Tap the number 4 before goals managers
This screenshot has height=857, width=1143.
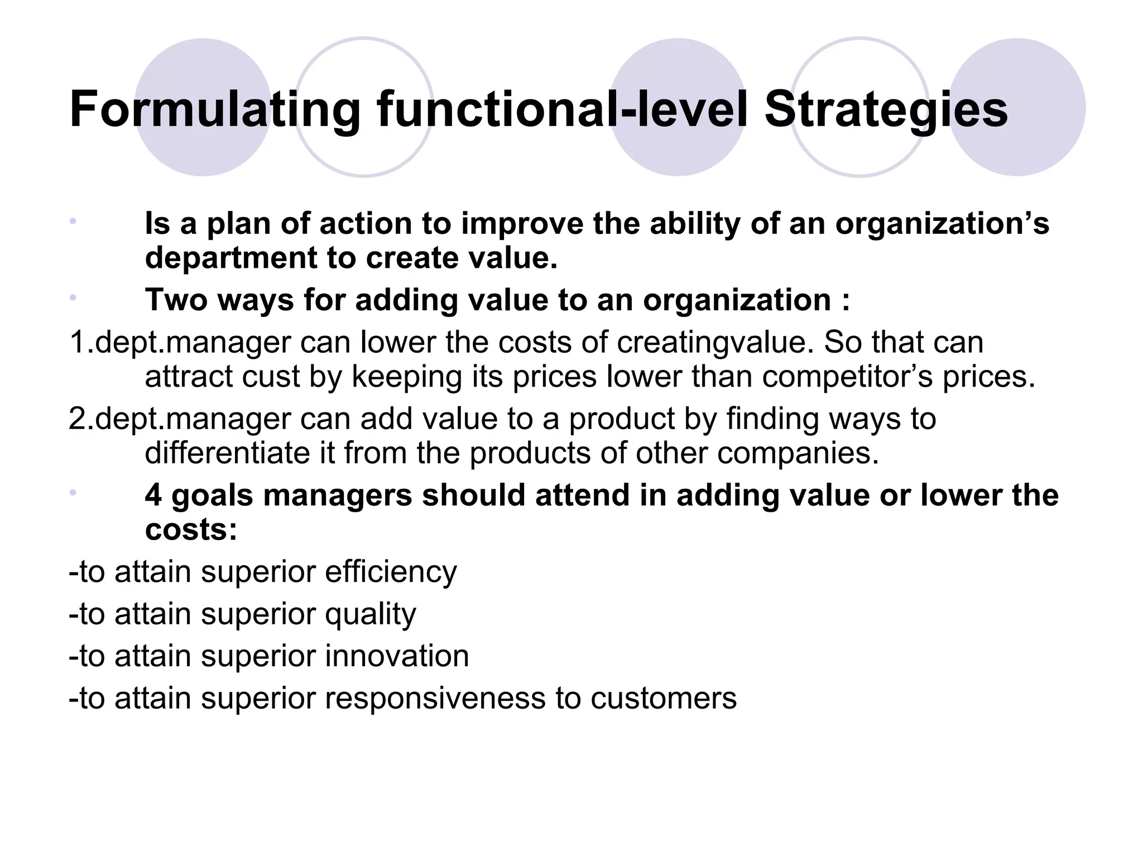[x=153, y=495]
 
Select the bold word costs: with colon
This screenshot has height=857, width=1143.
[x=191, y=529]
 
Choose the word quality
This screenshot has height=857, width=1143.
[x=371, y=614]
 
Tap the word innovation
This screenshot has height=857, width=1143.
[x=397, y=656]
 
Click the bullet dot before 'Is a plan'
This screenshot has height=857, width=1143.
[x=73, y=222]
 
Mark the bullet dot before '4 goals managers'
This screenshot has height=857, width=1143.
[x=73, y=493]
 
